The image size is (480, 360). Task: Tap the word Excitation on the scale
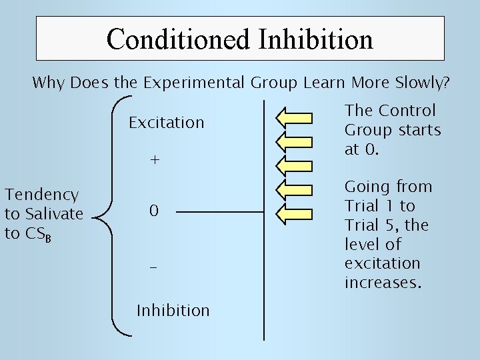click(x=166, y=123)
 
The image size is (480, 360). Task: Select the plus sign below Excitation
click(x=155, y=161)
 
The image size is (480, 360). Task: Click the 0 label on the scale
click(x=154, y=212)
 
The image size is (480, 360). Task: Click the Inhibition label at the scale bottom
click(x=173, y=311)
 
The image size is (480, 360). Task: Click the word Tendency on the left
click(x=42, y=195)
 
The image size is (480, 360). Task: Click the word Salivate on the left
click(x=53, y=214)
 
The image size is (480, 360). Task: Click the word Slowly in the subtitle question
click(x=424, y=84)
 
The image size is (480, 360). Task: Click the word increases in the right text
click(x=383, y=283)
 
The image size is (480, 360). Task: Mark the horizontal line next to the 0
click(x=220, y=213)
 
